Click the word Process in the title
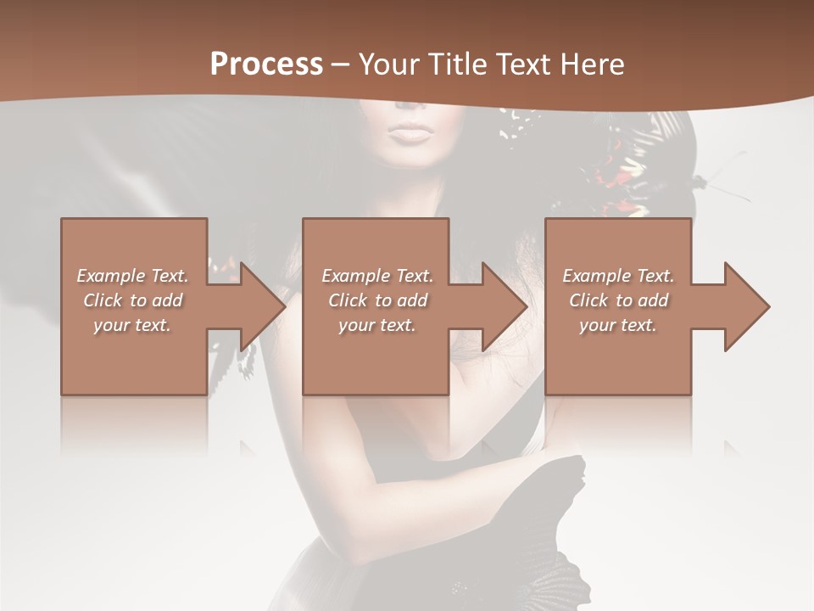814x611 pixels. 266,64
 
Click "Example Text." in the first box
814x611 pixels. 132,276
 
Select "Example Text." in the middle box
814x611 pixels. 377,276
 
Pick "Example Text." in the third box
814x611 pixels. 618,276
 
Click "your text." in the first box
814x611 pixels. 132,325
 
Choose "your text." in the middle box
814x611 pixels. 377,325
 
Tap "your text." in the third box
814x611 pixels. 618,325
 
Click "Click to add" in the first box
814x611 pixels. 132,300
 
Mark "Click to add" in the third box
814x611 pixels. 618,300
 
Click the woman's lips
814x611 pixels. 410,133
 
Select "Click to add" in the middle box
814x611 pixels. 377,300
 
